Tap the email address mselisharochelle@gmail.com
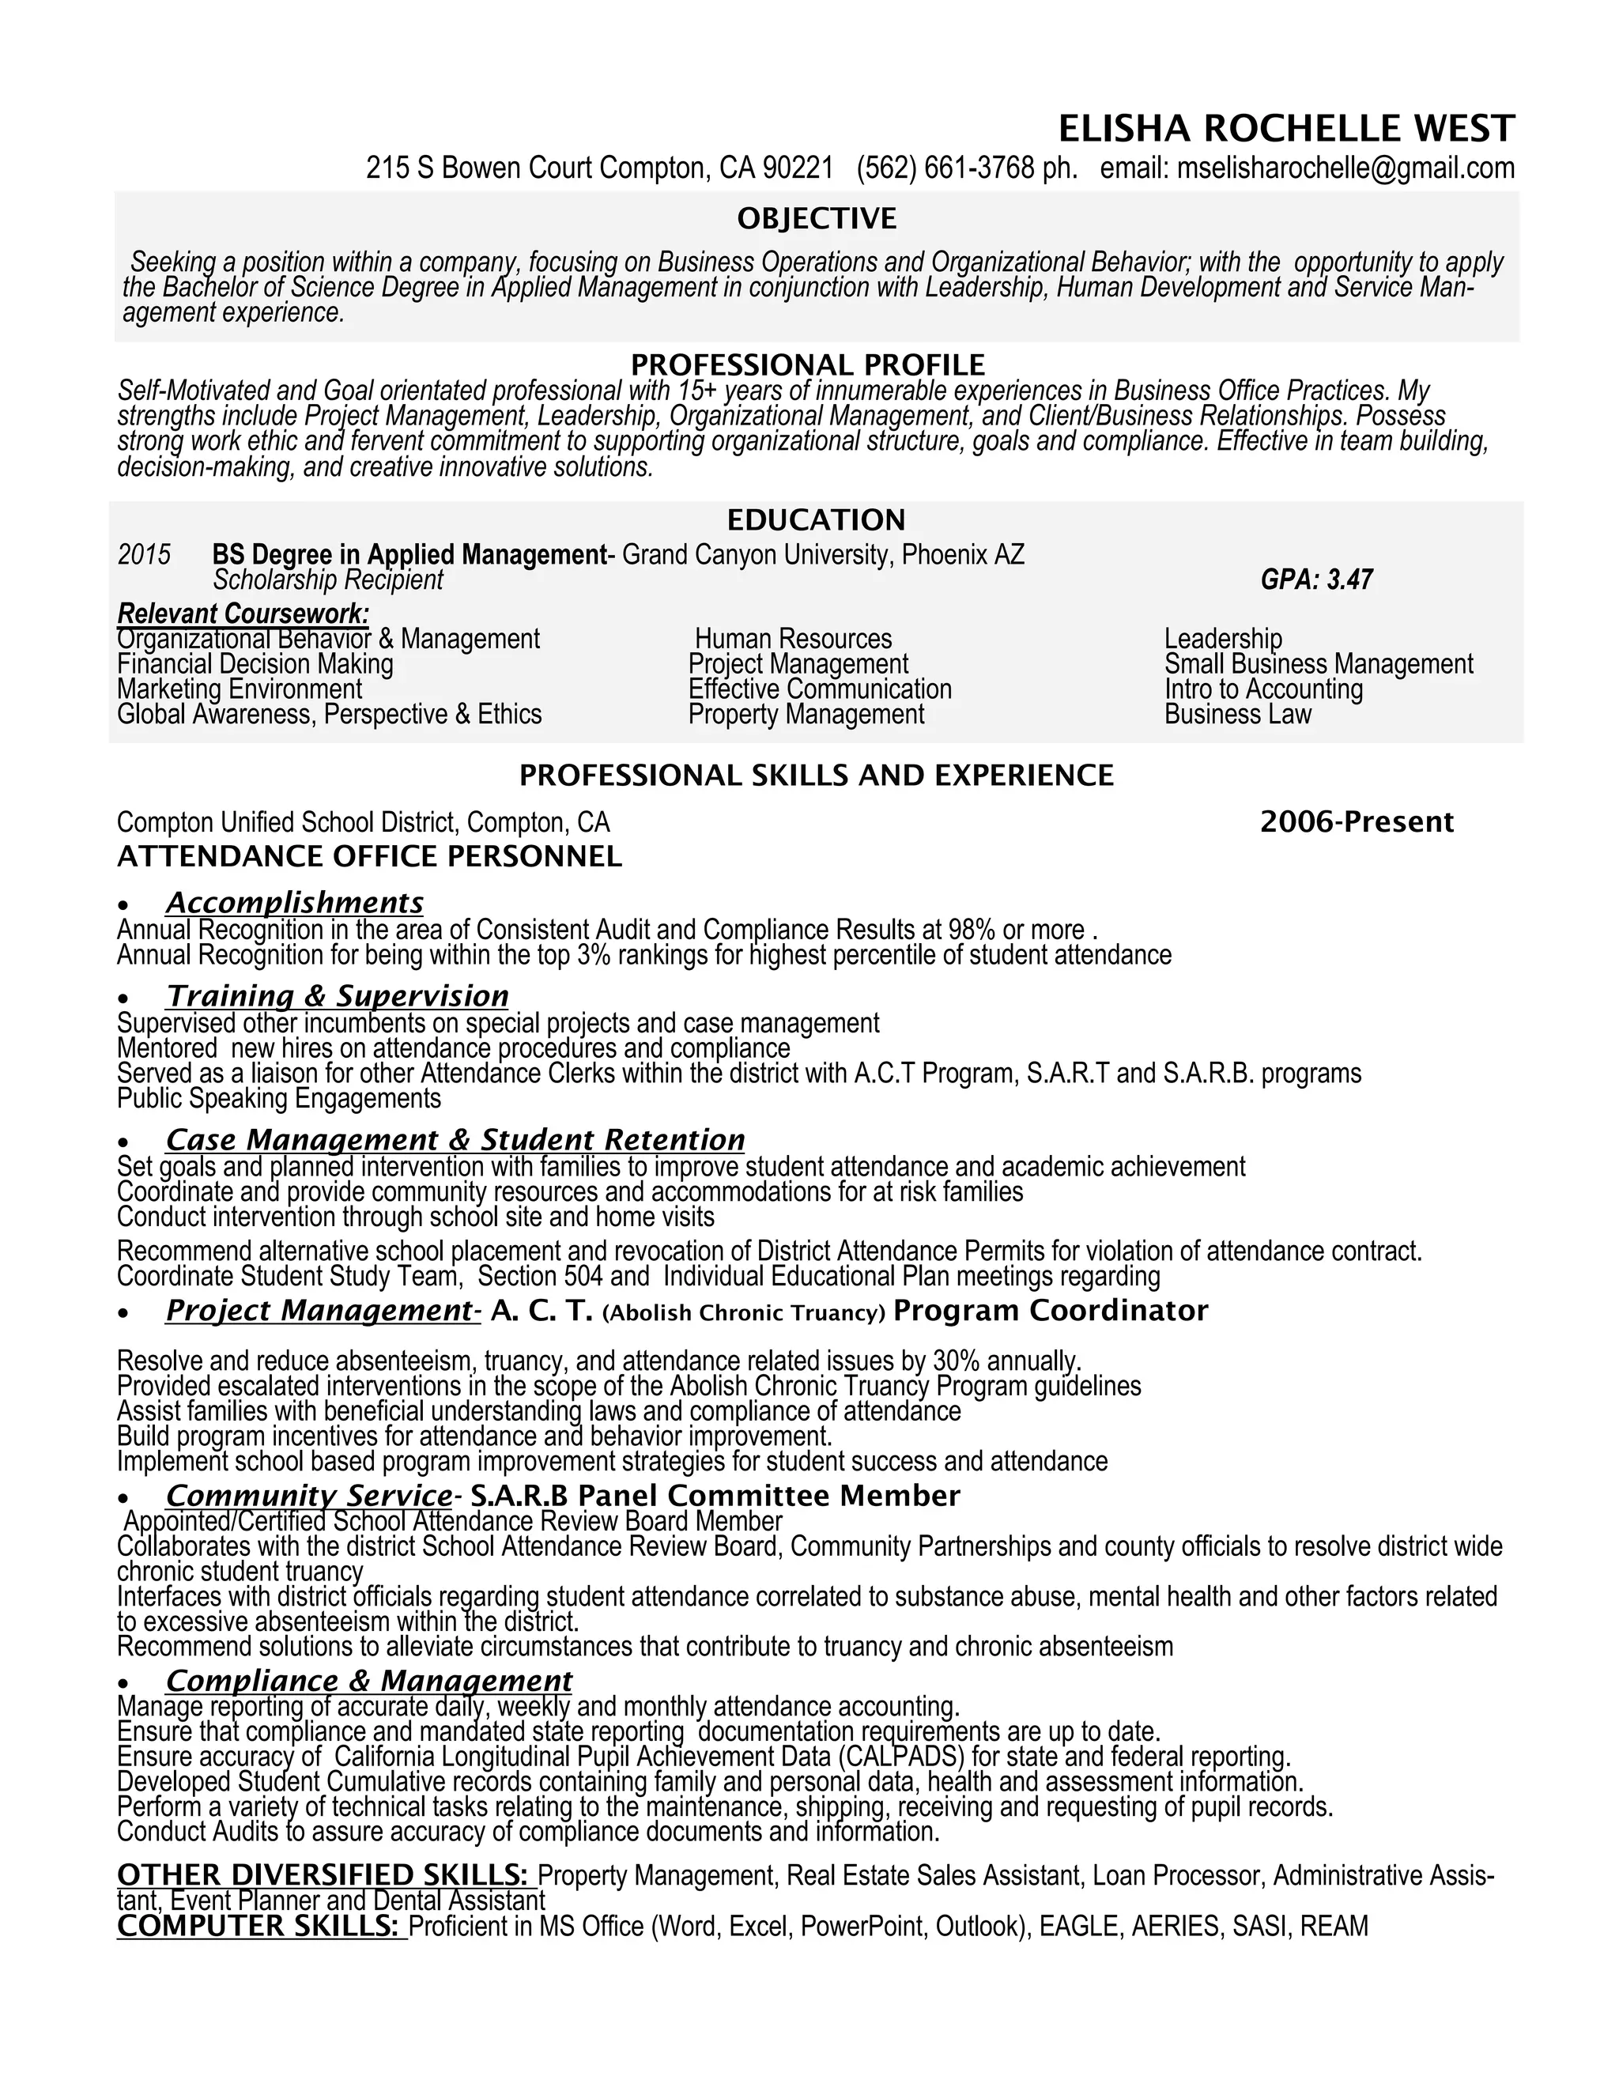click(1345, 169)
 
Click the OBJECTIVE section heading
click(816, 219)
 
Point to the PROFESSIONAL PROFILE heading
click(808, 364)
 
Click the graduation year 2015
click(144, 554)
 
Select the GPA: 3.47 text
click(1316, 579)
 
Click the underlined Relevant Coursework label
click(243, 613)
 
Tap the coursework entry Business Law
click(1237, 715)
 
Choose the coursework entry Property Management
click(806, 715)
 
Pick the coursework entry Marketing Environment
click(240, 689)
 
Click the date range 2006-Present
click(1357, 822)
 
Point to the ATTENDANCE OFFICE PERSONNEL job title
click(369, 857)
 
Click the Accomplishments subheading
click(294, 903)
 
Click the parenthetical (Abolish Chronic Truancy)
click(743, 1313)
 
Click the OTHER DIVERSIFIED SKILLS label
click(323, 1874)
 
